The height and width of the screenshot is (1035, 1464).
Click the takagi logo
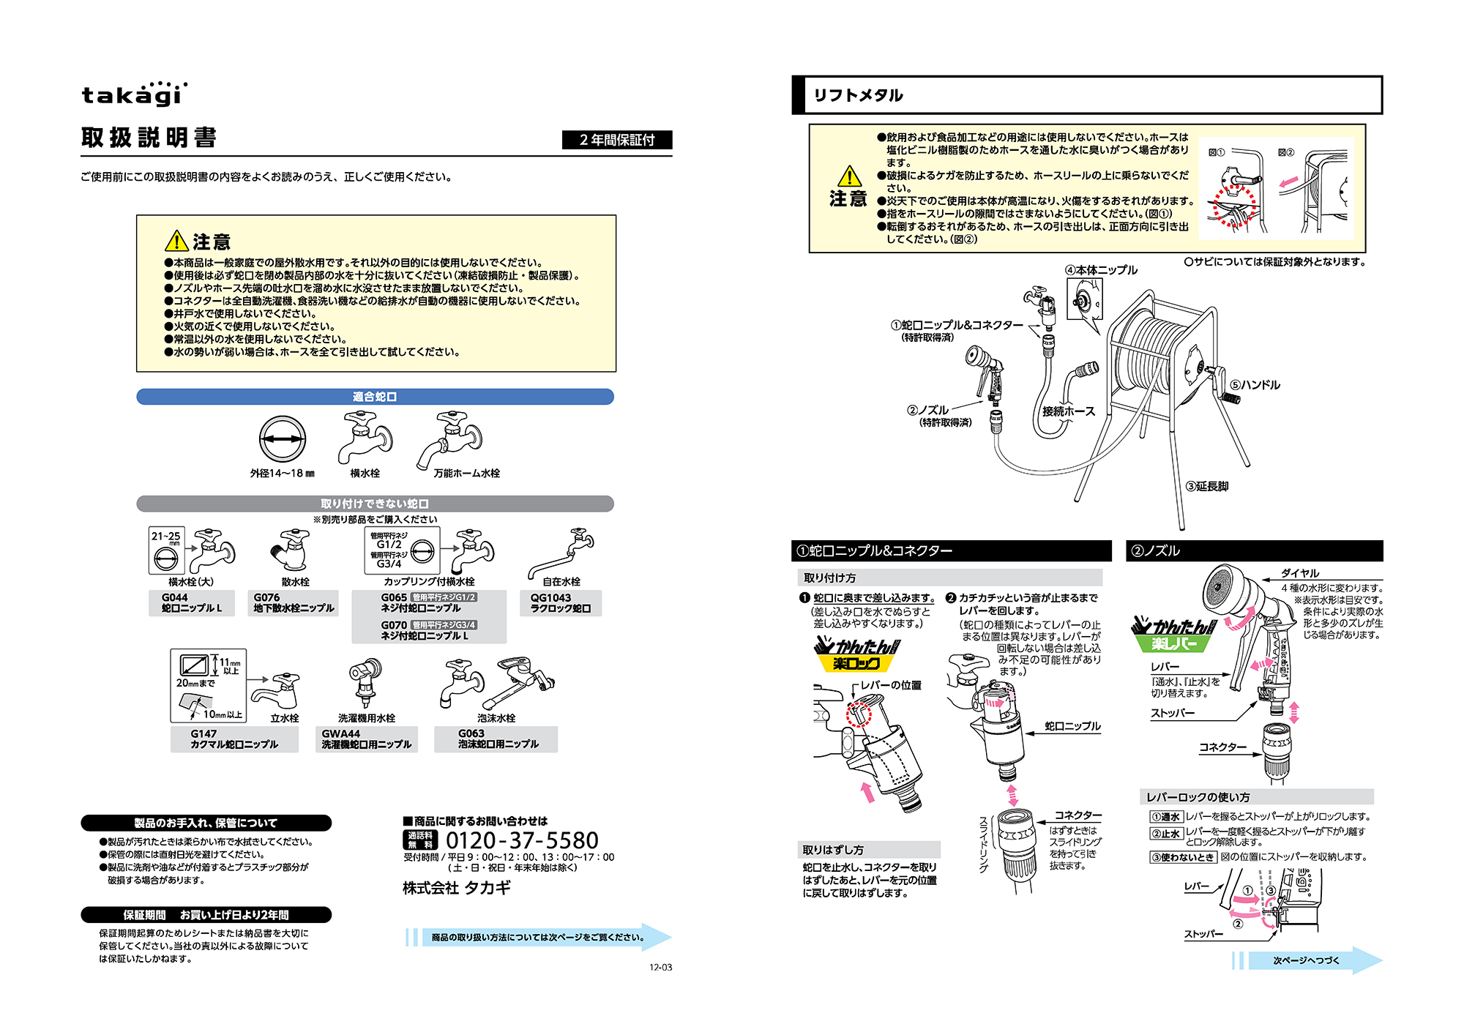[134, 94]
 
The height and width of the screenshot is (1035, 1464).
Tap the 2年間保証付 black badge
[616, 140]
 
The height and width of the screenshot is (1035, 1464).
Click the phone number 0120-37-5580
[522, 840]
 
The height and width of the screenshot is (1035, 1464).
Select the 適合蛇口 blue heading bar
[375, 397]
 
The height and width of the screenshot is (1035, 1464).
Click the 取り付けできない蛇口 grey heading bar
[375, 504]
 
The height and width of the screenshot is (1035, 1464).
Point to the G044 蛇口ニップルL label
[192, 603]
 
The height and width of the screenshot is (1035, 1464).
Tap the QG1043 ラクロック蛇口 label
[561, 603]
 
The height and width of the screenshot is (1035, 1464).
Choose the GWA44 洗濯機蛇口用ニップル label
[367, 739]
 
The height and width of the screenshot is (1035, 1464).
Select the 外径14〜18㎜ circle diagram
[283, 439]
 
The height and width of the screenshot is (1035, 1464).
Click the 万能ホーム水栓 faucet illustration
[451, 439]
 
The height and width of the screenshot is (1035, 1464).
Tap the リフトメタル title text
[858, 95]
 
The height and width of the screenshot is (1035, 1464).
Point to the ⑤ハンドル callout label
[1255, 385]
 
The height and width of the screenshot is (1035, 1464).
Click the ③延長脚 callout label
[1207, 487]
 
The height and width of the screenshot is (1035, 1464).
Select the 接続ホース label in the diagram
[1069, 411]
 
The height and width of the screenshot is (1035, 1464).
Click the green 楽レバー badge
[1173, 643]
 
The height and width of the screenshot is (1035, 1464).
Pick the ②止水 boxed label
[1166, 834]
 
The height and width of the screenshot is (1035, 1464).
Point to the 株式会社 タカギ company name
[457, 888]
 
